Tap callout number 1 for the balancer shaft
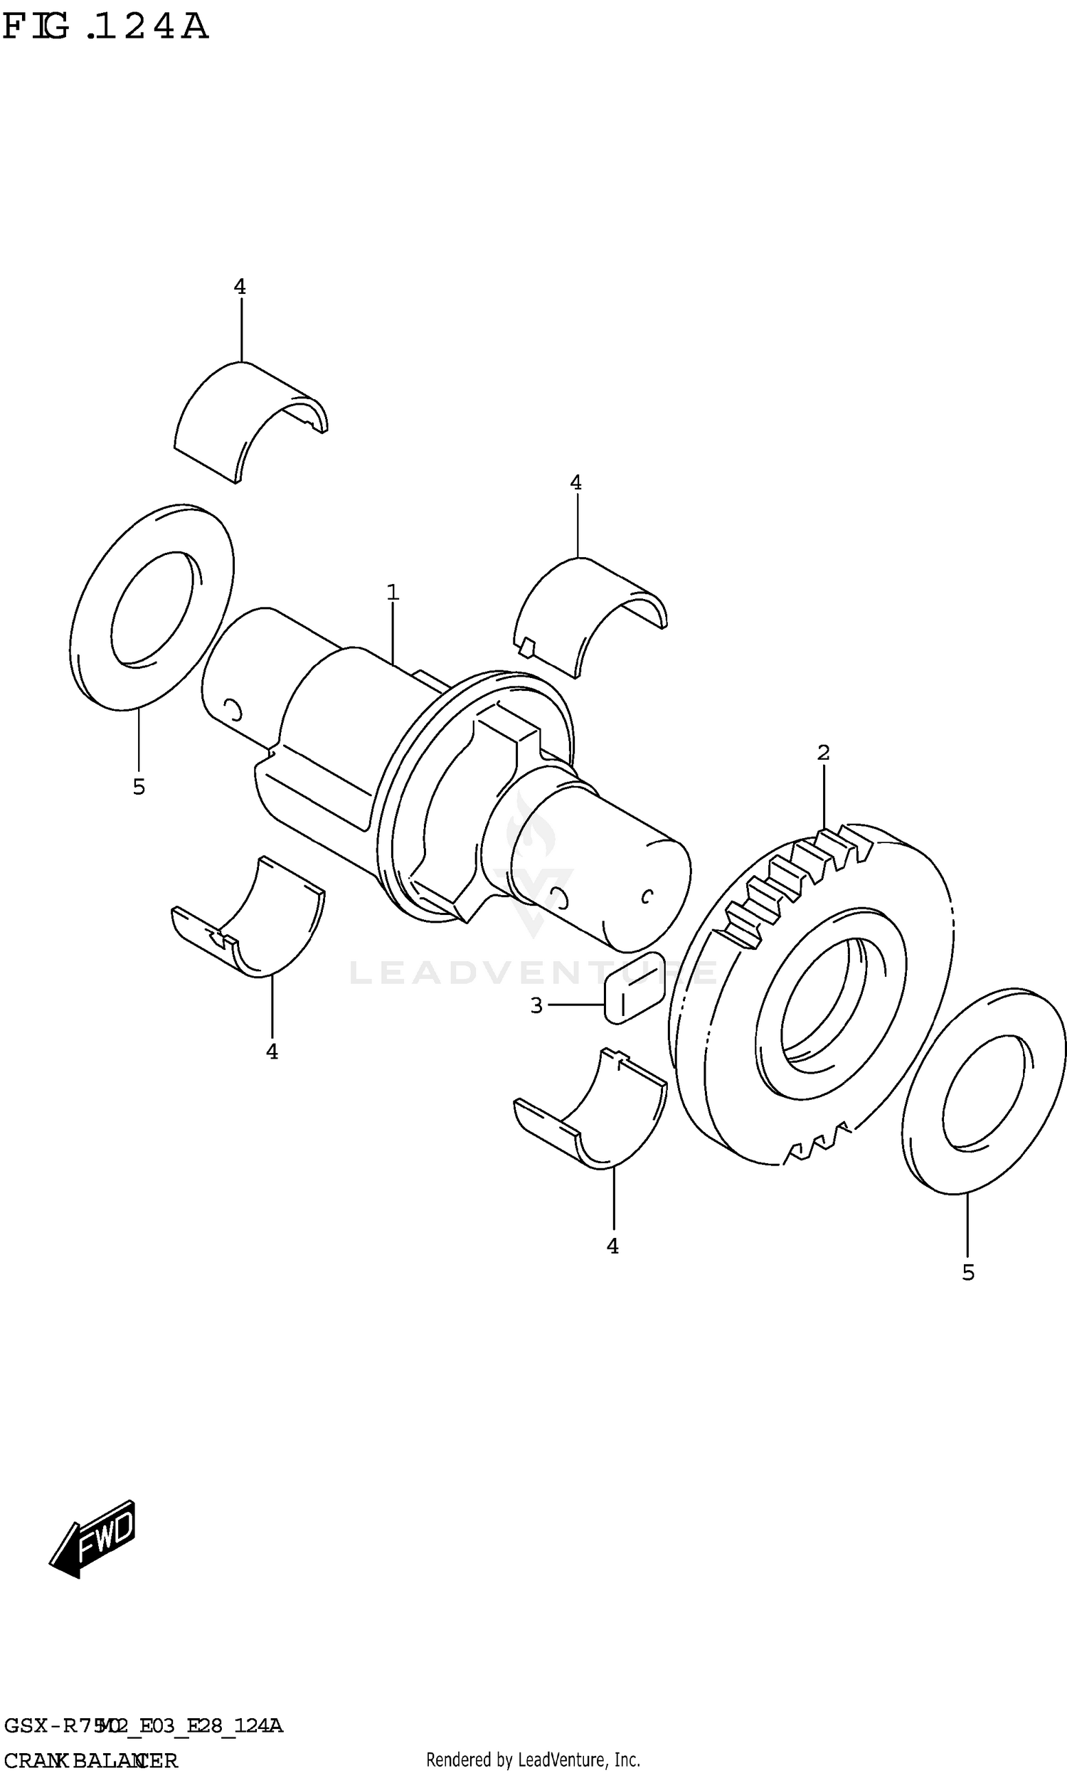click(x=393, y=593)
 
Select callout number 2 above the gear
click(x=823, y=753)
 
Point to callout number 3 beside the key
click(x=536, y=1006)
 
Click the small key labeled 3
click(x=635, y=988)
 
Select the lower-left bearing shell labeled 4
click(x=252, y=924)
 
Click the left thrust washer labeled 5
click(x=152, y=608)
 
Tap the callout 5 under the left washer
click(x=139, y=788)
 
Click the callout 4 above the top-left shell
click(x=240, y=287)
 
